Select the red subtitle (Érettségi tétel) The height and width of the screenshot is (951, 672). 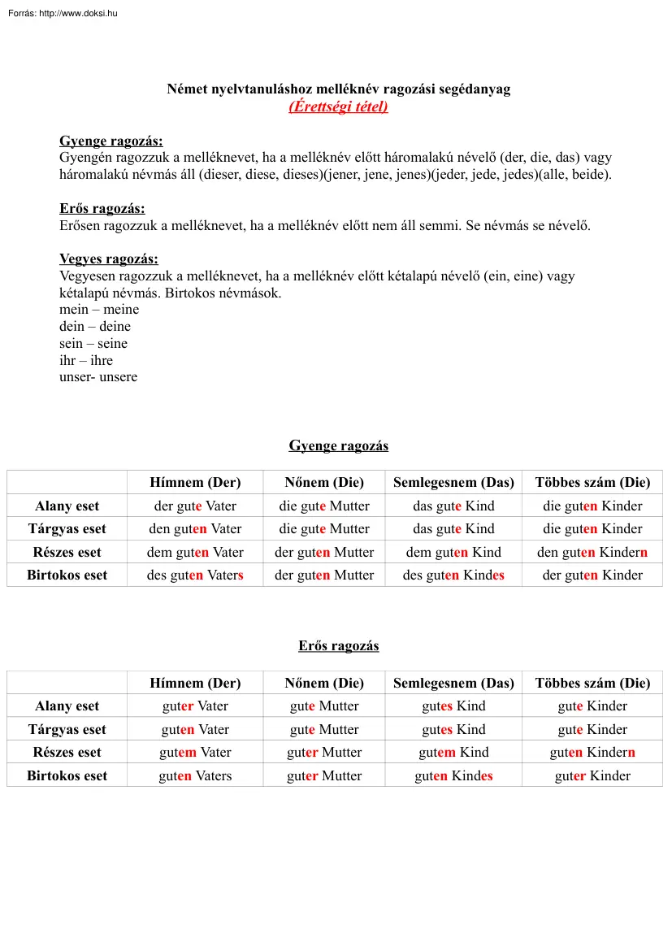(x=338, y=106)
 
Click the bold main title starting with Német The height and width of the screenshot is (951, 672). (x=338, y=89)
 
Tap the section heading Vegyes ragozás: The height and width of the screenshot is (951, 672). (x=108, y=259)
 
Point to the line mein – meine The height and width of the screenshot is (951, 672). (x=99, y=310)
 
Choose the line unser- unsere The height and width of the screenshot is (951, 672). (x=98, y=377)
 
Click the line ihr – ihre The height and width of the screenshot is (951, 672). (x=86, y=360)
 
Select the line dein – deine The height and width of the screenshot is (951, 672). (x=95, y=327)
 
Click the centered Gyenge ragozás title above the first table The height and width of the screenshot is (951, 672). (x=338, y=445)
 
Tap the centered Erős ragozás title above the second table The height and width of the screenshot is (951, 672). (x=338, y=646)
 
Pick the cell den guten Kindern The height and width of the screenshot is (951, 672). (x=592, y=553)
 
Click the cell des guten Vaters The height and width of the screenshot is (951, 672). (x=195, y=575)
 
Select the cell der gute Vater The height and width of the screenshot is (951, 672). (x=195, y=506)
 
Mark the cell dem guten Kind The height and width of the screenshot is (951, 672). (x=453, y=553)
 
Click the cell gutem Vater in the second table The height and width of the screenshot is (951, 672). (x=195, y=753)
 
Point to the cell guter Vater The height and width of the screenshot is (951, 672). (x=195, y=706)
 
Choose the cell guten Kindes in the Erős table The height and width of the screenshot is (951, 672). (x=453, y=776)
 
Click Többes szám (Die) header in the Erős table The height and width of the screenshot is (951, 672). (x=592, y=683)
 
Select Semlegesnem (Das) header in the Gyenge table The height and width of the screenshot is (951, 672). (x=453, y=482)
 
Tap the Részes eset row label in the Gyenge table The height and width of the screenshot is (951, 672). (x=67, y=553)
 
